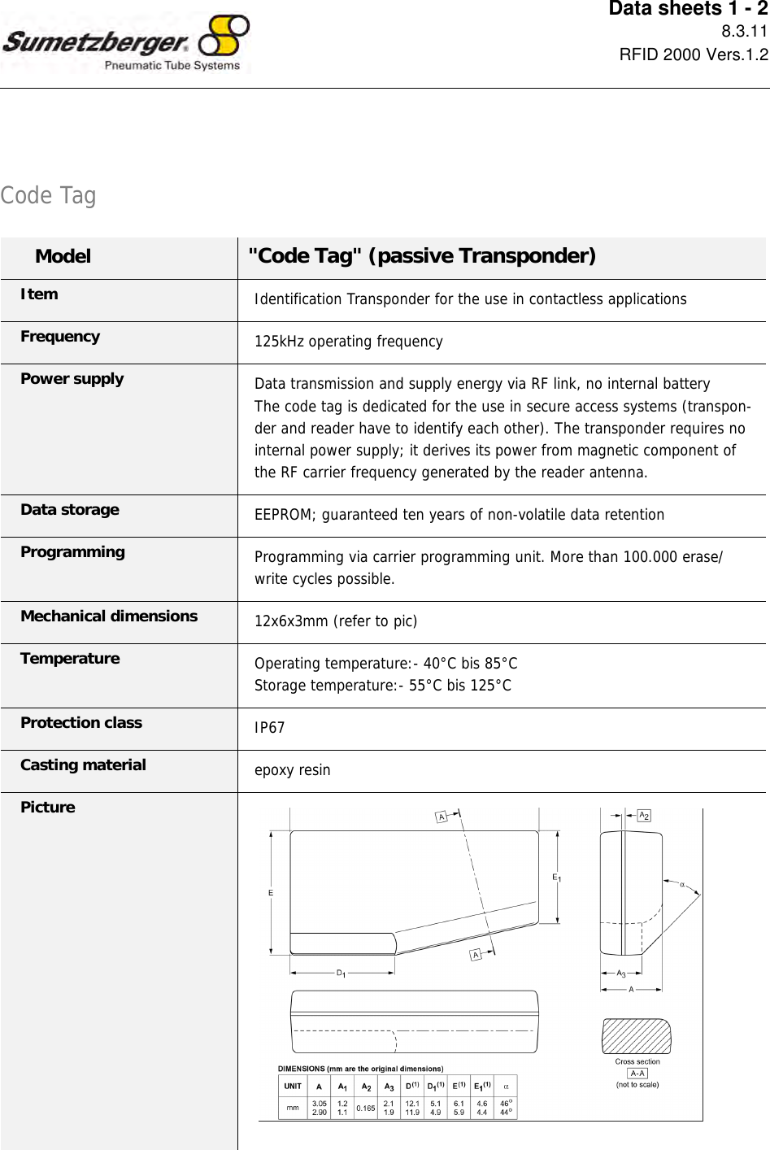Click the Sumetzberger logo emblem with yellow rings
(224, 36)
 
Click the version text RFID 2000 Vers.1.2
(693, 54)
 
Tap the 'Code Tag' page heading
(48, 195)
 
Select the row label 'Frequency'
(60, 337)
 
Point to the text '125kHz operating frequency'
(348, 342)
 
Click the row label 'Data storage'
(70, 510)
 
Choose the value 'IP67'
(269, 728)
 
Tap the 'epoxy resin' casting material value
(292, 770)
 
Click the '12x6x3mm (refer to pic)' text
(335, 621)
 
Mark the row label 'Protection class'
(81, 723)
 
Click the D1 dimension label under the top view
(341, 973)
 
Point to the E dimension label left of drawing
(271, 893)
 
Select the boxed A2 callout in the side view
(644, 815)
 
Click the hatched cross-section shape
(637, 1036)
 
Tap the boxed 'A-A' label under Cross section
(637, 1074)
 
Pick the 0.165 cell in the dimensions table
(366, 1108)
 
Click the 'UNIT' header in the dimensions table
(293, 1087)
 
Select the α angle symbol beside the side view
(682, 885)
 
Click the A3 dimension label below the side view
(621, 974)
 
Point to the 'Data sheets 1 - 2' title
(688, 9)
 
